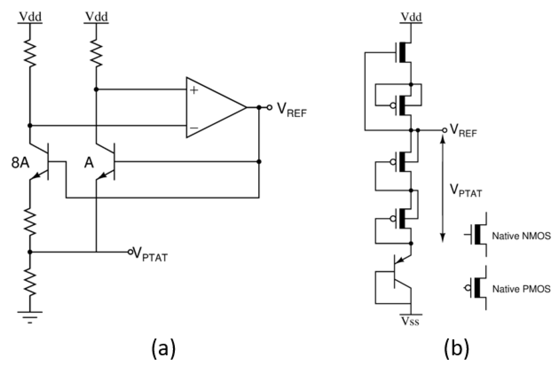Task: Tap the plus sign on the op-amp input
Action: (194, 90)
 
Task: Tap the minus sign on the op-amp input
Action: (194, 128)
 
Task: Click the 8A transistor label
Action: (20, 163)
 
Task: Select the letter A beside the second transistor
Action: (89, 163)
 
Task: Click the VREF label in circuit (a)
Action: (291, 110)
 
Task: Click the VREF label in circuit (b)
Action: (463, 131)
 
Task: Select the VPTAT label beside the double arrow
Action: (466, 191)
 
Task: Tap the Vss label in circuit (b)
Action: (410, 321)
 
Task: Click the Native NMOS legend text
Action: (521, 236)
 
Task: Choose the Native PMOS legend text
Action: (521, 289)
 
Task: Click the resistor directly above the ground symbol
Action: (30, 282)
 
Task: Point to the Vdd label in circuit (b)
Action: (411, 17)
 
